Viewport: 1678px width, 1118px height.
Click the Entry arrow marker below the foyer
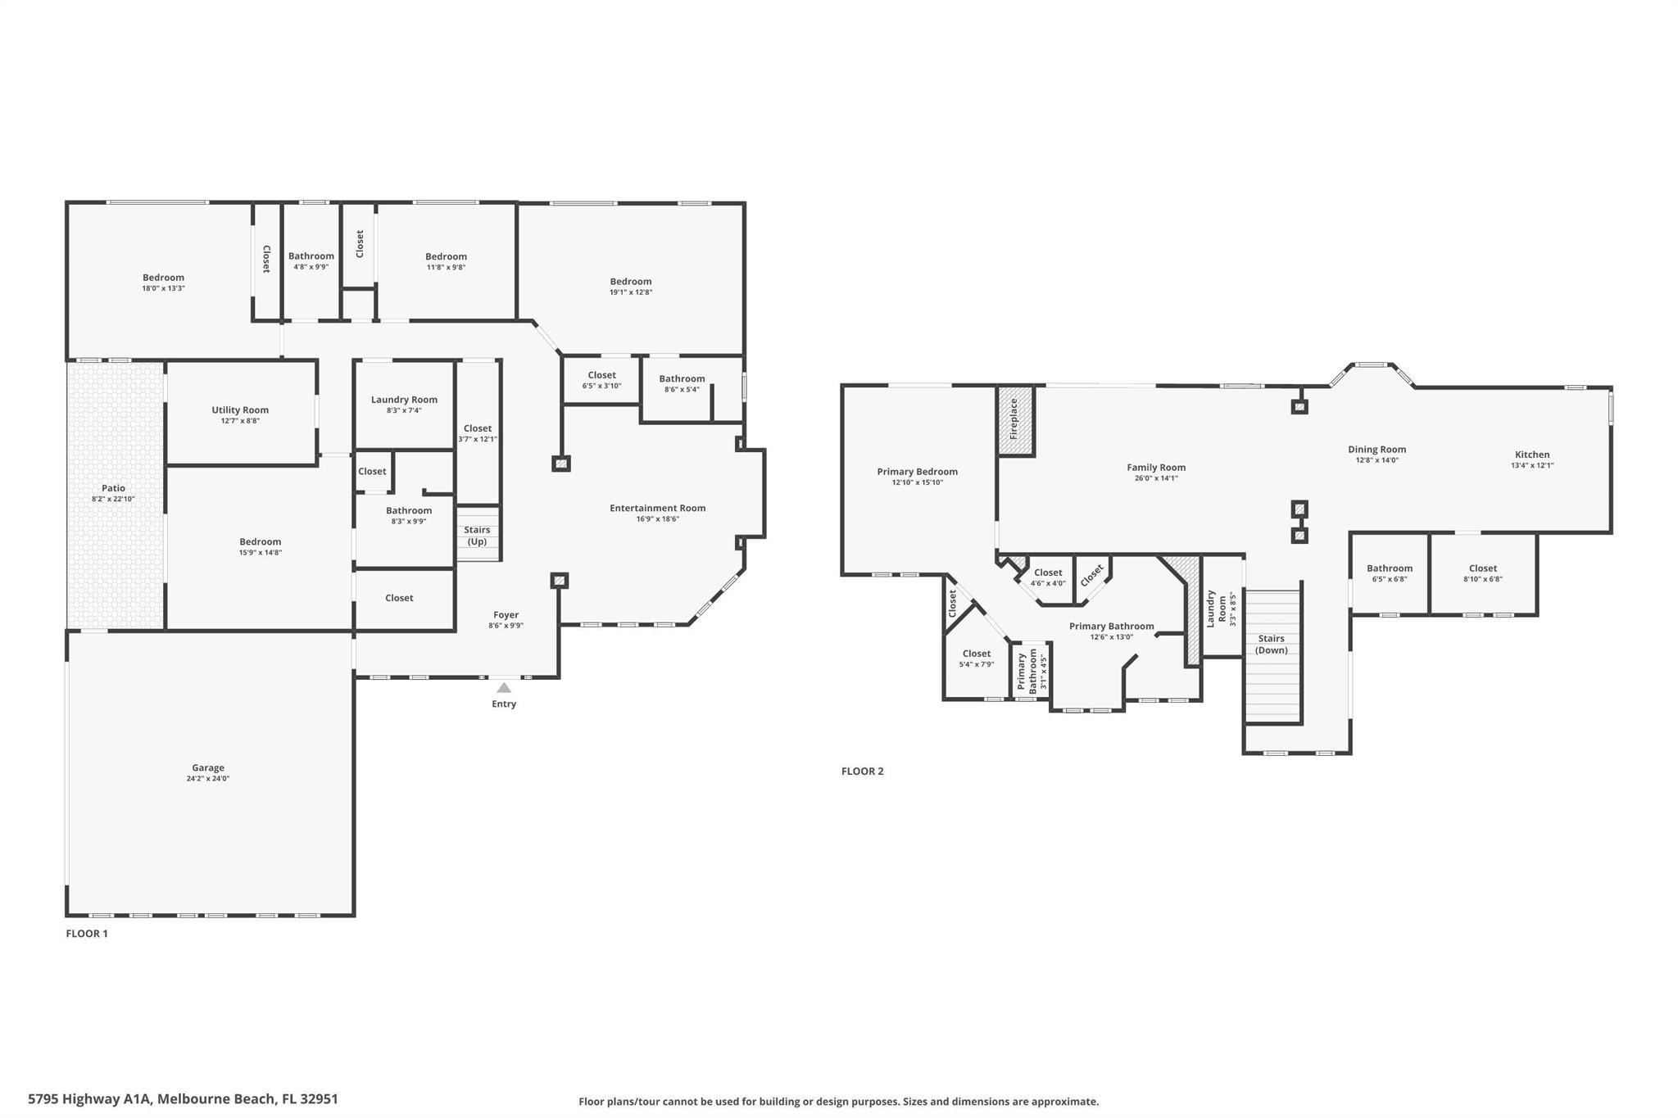point(504,688)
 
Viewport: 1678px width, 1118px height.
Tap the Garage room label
point(208,767)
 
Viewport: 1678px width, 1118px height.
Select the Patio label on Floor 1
point(113,488)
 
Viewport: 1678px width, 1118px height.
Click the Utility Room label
point(240,410)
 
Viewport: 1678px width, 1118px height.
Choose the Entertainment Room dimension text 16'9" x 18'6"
point(657,518)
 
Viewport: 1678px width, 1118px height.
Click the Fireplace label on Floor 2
point(1014,419)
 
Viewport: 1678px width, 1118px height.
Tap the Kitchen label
point(1531,455)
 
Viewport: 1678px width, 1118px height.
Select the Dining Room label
point(1376,449)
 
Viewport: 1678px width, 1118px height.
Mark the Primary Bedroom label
point(917,471)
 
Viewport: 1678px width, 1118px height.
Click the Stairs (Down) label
point(1271,644)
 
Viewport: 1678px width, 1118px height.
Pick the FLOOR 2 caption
point(862,771)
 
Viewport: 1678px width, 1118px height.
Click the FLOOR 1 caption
point(87,933)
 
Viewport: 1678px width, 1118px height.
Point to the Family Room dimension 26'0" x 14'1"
point(1155,478)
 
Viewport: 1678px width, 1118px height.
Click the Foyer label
point(506,614)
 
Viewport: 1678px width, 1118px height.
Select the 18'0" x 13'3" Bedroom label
point(163,277)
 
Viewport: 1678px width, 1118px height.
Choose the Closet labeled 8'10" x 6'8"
point(1482,568)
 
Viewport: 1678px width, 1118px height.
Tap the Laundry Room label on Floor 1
point(404,399)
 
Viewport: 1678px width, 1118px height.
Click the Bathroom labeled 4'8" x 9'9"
point(311,256)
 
